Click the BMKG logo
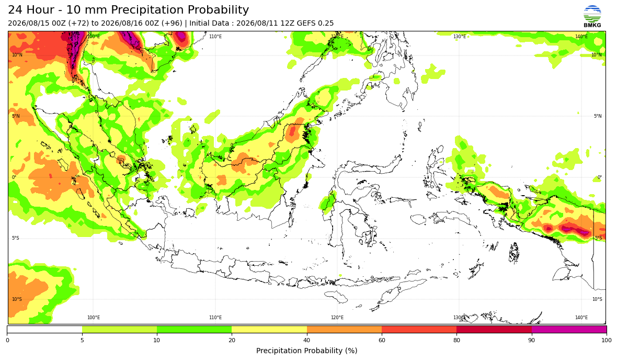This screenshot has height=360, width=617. coord(592,17)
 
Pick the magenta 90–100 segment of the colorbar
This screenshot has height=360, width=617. coord(569,329)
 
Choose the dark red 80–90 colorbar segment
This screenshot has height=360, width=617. coord(494,329)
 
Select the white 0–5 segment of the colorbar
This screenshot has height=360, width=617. coord(44,329)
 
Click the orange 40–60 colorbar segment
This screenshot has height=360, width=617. coord(344,329)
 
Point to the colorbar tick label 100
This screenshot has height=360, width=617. coord(607,340)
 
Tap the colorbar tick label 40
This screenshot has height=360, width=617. coord(306,340)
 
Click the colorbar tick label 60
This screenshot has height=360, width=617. coord(382,340)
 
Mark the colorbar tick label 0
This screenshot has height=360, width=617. coord(7,340)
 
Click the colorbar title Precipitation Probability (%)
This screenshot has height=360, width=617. coord(306,351)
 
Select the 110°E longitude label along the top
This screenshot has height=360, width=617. coord(215,37)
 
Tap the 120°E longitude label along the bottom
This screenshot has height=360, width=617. coord(337,318)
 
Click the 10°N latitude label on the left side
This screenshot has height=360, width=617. coord(17,55)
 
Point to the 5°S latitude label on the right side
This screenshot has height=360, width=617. coord(598,238)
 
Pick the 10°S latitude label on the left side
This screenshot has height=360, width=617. coord(17,299)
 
